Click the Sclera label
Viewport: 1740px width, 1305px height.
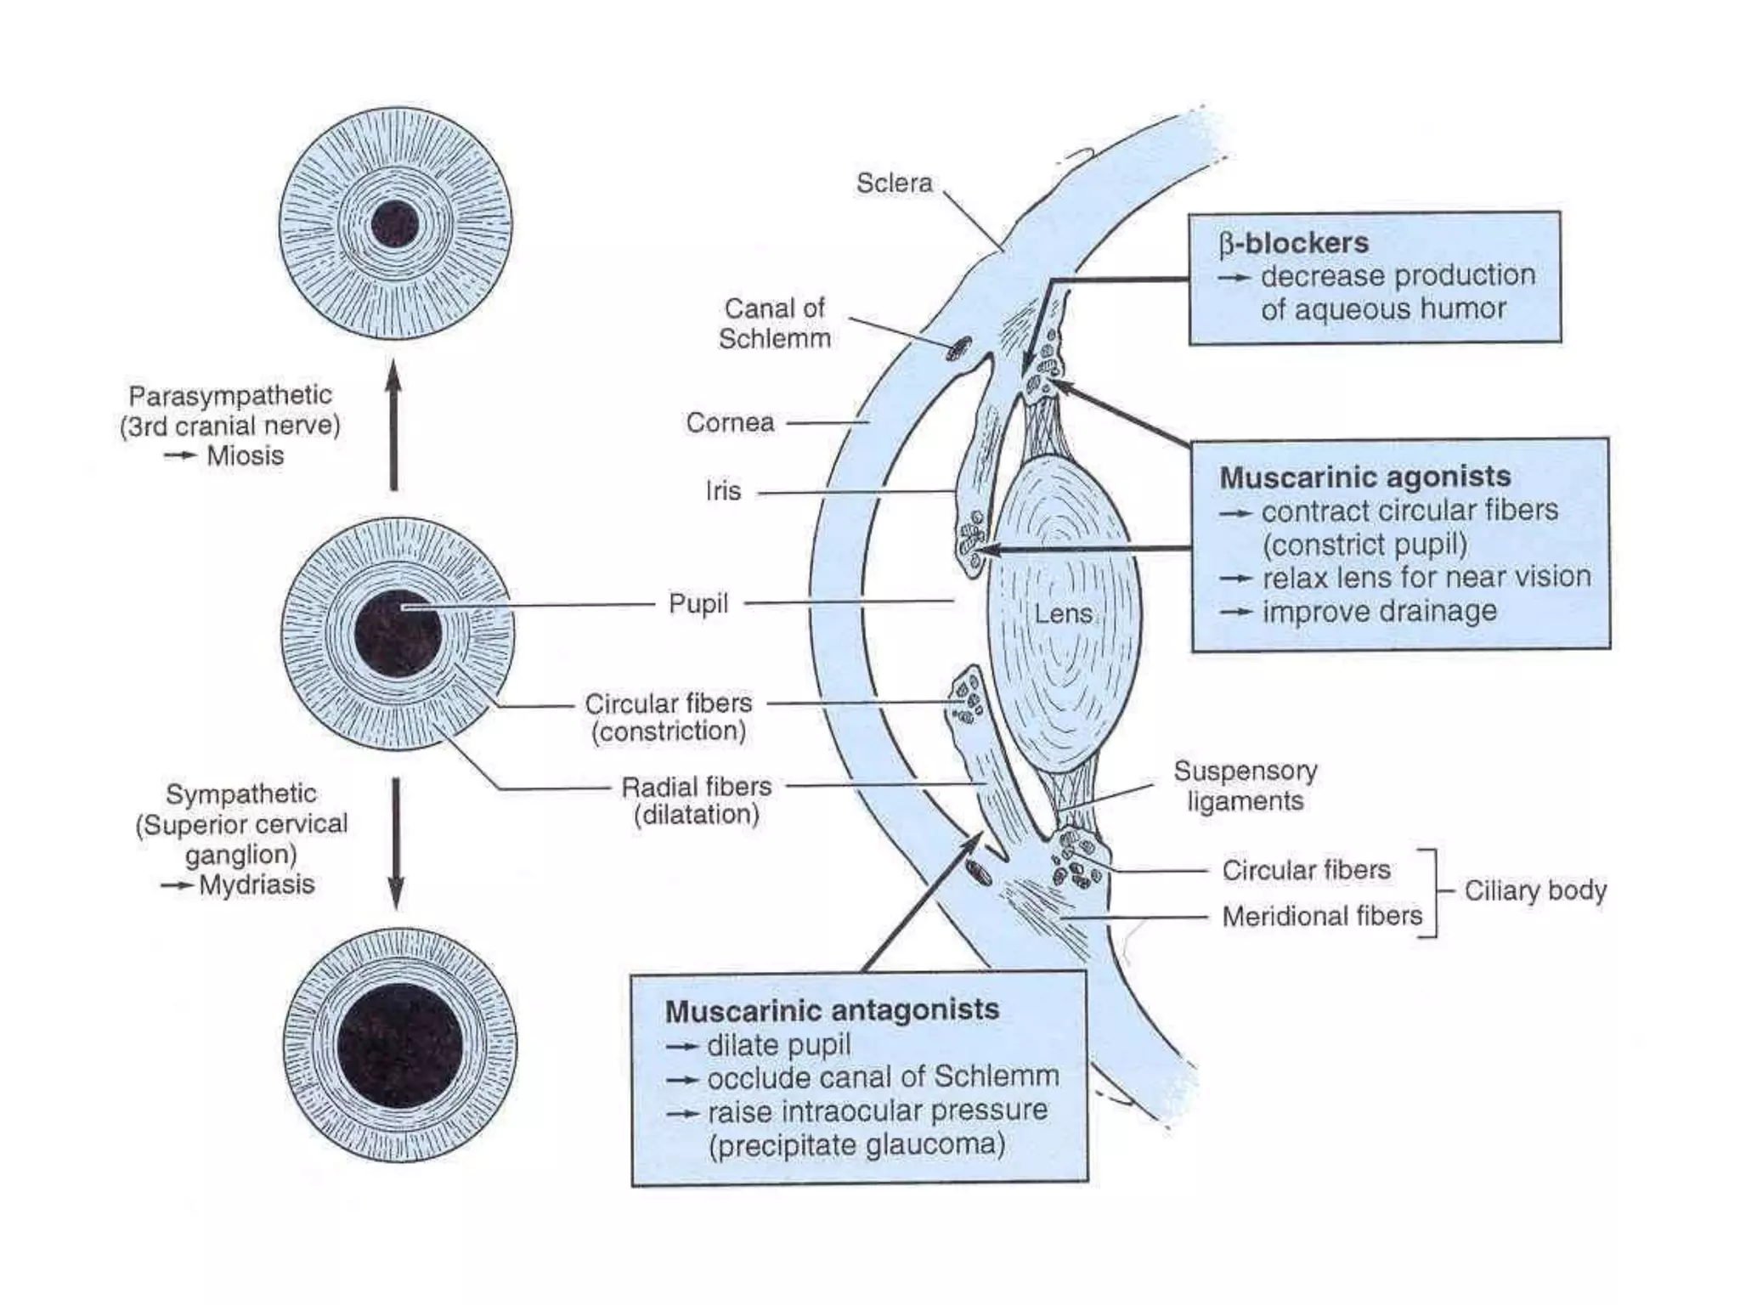894,184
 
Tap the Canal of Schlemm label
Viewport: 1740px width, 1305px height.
774,324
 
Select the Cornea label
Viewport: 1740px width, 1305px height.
730,422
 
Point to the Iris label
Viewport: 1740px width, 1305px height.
723,491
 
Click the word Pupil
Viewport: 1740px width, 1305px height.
698,604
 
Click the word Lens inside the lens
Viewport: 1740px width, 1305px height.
1063,613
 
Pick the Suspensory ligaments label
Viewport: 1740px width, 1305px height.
1246,786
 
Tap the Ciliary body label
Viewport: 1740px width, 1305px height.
1535,890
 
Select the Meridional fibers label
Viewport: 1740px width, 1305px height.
1322,916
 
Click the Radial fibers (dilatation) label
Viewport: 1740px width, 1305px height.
697,800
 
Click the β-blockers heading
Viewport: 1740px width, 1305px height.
1294,244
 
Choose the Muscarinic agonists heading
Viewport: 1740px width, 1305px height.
1365,477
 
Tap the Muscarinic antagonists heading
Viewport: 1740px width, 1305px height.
832,1011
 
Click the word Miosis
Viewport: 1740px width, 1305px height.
246,456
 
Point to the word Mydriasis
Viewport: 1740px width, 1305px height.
257,885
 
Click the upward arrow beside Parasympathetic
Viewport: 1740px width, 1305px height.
393,425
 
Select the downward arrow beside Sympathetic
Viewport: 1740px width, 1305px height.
396,841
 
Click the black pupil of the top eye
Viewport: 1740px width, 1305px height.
395,224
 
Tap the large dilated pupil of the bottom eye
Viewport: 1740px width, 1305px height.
399,1046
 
